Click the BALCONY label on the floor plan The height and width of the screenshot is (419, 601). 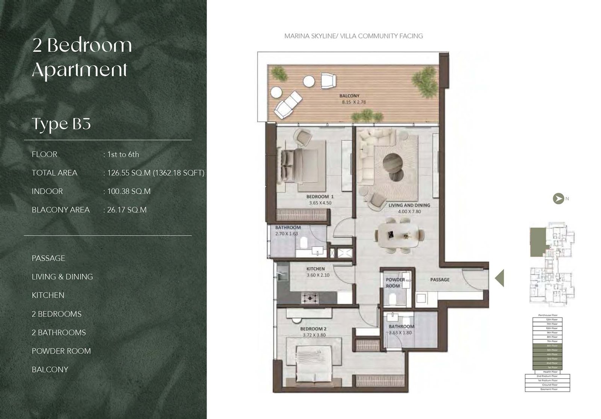[349, 96]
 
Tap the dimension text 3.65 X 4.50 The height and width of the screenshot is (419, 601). [320, 203]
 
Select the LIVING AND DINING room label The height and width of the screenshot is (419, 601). [409, 205]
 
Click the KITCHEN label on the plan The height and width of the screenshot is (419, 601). [316, 269]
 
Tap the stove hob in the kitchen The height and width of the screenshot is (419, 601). [311, 298]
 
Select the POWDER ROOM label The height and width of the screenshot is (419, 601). [395, 283]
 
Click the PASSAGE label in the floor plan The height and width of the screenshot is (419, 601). [439, 280]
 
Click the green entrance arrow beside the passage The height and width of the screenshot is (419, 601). [500, 278]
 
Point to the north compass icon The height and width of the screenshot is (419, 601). [558, 198]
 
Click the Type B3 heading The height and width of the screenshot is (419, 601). [61, 124]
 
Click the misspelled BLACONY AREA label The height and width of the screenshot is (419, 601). [60, 210]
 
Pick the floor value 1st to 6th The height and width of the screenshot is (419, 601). [123, 154]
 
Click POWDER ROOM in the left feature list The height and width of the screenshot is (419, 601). [61, 351]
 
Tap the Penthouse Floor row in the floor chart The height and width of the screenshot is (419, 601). [547, 315]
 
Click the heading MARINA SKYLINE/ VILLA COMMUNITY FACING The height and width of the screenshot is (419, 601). [353, 36]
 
